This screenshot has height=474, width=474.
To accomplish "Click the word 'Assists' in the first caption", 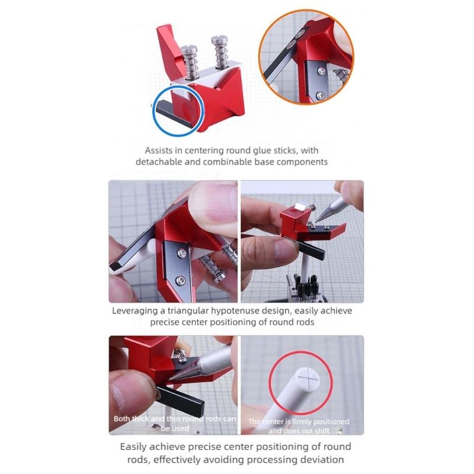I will tap(162, 150).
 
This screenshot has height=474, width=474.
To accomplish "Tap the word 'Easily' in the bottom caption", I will tap(135, 447).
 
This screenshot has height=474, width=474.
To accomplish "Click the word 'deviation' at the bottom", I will tap(324, 459).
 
